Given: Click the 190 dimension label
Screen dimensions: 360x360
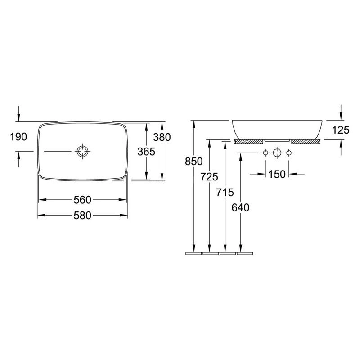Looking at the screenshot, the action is click(x=18, y=137).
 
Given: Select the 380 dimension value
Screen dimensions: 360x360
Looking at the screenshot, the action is click(x=162, y=137).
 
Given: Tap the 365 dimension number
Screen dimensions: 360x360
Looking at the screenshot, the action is click(x=147, y=152).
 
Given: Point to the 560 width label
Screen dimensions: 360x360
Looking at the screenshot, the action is click(x=83, y=200).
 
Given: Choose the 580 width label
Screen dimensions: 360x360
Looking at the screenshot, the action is click(x=83, y=216).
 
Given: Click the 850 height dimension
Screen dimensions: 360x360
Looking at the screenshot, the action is click(x=194, y=162).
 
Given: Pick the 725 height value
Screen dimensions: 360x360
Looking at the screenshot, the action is click(x=209, y=177).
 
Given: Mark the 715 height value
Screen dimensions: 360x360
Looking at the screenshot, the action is click(x=225, y=193).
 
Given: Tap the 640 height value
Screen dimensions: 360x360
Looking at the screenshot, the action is click(x=240, y=208).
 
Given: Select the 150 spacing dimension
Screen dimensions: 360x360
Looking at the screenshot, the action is click(x=277, y=174).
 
